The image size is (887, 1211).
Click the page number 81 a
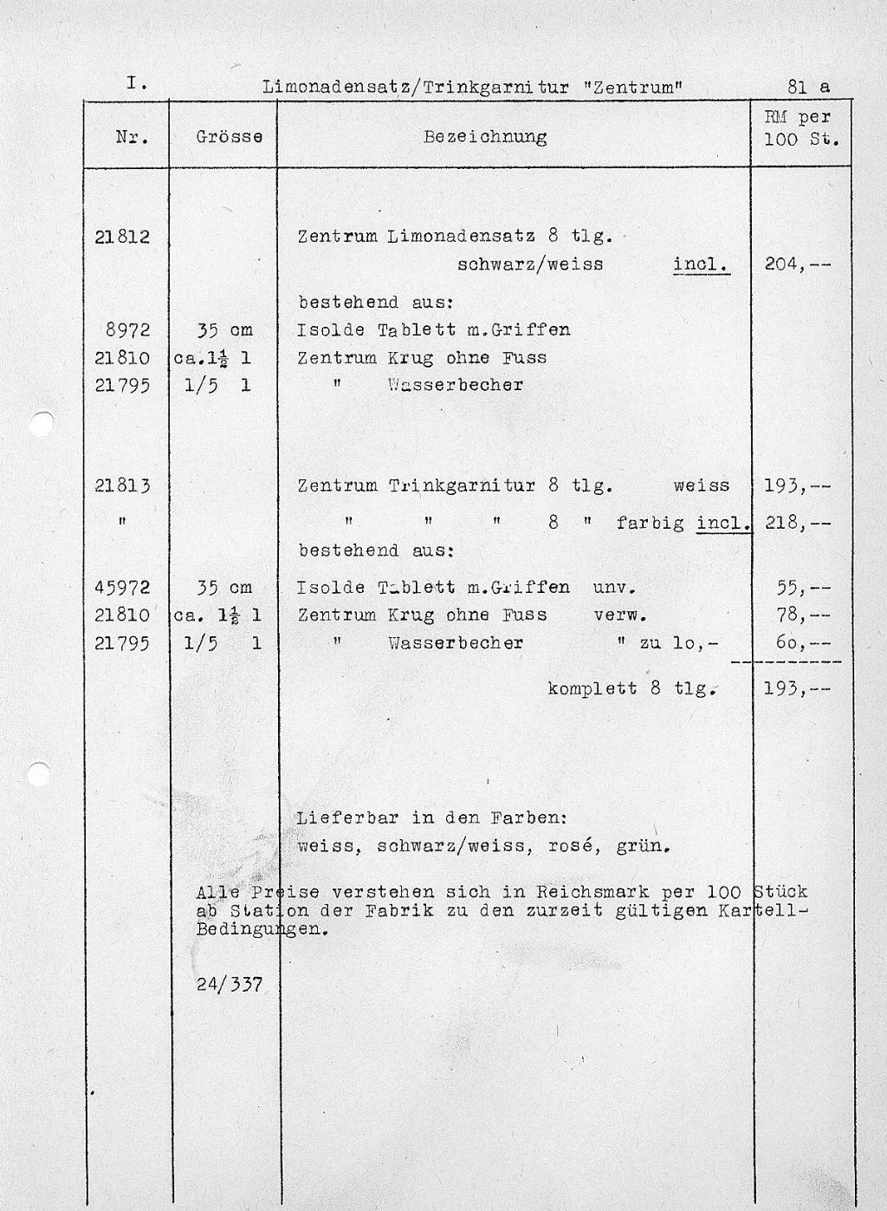click(808, 87)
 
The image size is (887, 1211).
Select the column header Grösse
click(230, 137)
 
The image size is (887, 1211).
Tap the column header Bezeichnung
click(485, 137)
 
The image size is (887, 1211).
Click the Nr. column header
click(132, 137)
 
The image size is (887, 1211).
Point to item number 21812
click(122, 236)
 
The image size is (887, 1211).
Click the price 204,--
click(797, 264)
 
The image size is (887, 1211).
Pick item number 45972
click(122, 588)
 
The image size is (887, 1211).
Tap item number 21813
click(122, 486)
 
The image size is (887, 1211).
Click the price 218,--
click(797, 524)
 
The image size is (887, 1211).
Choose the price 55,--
click(804, 588)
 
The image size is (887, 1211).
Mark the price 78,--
click(804, 615)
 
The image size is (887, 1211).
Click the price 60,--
click(804, 643)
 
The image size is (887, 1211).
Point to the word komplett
click(592, 689)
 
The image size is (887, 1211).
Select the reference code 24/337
click(230, 985)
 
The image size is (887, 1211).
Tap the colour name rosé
click(573, 846)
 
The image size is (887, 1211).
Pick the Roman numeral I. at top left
click(134, 84)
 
